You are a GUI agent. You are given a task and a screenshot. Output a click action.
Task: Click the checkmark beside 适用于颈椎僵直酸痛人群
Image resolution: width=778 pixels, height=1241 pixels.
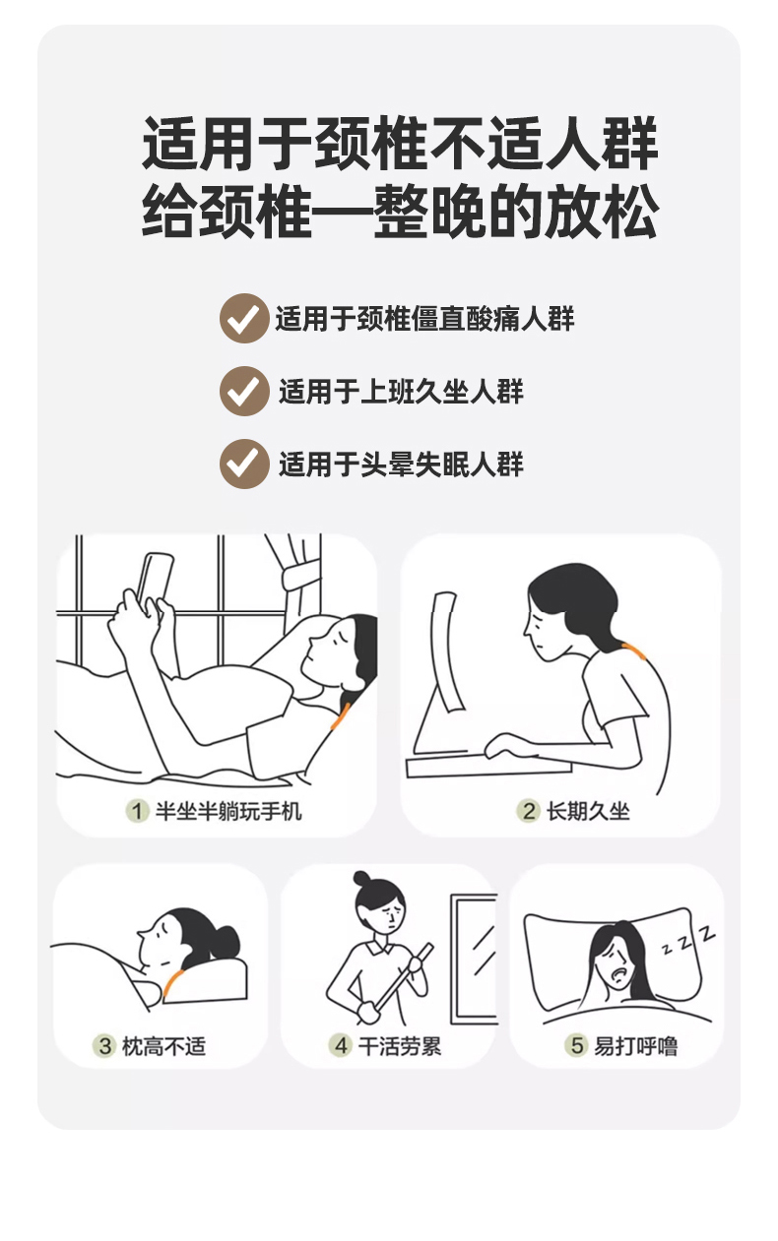(x=244, y=318)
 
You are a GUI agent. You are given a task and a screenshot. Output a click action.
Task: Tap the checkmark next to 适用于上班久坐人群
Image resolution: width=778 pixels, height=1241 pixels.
(x=244, y=391)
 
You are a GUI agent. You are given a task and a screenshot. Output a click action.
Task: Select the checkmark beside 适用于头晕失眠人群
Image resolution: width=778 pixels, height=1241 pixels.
(x=244, y=464)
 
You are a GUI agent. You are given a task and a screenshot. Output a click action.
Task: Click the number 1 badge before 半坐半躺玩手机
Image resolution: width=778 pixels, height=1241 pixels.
(x=137, y=812)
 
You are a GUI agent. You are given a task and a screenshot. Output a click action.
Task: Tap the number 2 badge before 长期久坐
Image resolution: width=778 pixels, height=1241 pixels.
(x=529, y=812)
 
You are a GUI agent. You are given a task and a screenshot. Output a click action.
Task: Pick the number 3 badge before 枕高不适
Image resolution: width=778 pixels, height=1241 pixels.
(x=104, y=1046)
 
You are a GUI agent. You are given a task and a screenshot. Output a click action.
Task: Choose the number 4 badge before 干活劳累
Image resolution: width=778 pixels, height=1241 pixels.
(x=341, y=1046)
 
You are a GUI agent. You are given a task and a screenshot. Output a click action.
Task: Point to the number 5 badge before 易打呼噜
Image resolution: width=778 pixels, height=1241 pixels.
(x=577, y=1046)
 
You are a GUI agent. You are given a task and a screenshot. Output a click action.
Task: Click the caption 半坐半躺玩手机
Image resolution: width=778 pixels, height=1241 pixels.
(x=228, y=812)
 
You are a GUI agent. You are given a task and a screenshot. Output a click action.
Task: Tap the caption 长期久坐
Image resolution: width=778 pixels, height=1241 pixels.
(x=588, y=812)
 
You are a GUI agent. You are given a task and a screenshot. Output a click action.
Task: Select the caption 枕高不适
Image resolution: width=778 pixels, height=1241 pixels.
(x=163, y=1046)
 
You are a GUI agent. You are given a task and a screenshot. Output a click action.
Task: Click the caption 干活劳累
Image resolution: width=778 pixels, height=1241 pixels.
(x=400, y=1046)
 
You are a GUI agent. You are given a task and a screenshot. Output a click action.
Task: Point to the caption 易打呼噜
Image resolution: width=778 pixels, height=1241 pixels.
(x=636, y=1046)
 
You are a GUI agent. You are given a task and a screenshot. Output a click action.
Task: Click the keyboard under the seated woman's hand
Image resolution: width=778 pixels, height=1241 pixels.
(x=488, y=767)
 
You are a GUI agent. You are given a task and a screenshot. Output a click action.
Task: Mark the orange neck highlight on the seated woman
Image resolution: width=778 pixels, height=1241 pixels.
(x=634, y=652)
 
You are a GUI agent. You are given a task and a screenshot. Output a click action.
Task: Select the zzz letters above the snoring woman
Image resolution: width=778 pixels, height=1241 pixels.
(x=689, y=940)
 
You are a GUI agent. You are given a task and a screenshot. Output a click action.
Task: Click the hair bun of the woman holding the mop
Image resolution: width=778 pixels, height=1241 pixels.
(x=362, y=879)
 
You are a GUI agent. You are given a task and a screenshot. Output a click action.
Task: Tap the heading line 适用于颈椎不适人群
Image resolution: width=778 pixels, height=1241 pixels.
(x=400, y=143)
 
